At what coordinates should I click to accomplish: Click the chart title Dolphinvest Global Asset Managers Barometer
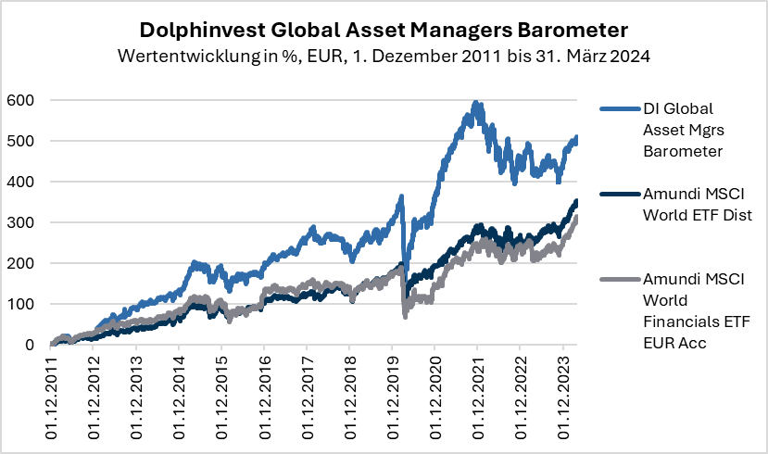384,25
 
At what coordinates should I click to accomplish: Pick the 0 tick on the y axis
30,345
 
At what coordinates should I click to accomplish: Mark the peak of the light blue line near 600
475,103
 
